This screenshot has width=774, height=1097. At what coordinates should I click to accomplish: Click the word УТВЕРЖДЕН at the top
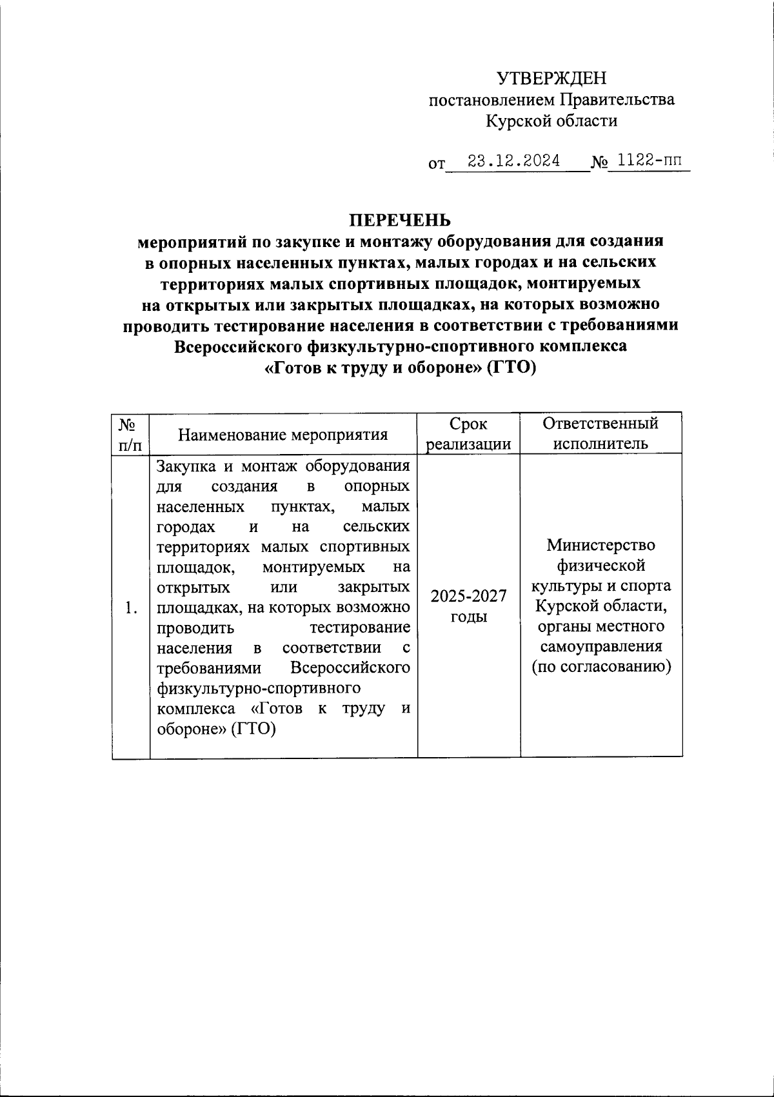(x=551, y=79)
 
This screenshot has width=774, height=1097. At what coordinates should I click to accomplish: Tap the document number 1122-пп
(x=649, y=161)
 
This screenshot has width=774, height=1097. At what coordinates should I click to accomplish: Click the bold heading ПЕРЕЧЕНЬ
(x=400, y=221)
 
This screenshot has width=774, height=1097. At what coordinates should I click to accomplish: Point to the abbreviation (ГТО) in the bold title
(x=511, y=368)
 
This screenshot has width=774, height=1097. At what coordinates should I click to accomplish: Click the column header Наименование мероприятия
(x=283, y=435)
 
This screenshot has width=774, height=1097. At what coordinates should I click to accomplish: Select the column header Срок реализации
(x=469, y=434)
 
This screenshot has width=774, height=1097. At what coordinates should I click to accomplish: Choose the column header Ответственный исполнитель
(x=600, y=433)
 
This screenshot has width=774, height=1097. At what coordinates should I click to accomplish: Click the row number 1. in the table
(x=132, y=608)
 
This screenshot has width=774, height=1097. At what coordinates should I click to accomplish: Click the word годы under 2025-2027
(x=469, y=617)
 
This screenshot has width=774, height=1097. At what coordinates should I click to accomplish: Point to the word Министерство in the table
(x=600, y=545)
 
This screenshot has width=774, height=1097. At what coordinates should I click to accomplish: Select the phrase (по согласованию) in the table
(x=600, y=667)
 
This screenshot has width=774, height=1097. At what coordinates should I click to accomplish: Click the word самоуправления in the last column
(x=600, y=646)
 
